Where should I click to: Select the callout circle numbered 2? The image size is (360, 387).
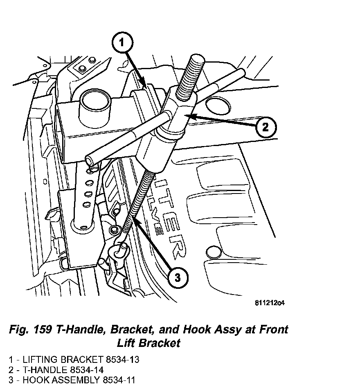tap(265, 127)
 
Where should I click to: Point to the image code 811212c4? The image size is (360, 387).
tap(269, 303)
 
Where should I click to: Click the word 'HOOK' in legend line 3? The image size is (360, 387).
tap(36, 380)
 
